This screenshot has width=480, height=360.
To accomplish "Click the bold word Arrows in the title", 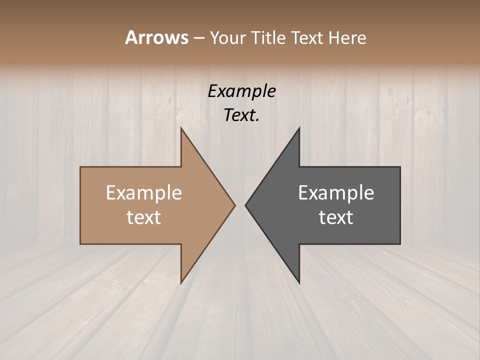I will (156, 37).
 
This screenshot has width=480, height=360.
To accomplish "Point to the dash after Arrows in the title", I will (198, 38).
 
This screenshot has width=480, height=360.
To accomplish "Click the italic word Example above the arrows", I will (241, 91).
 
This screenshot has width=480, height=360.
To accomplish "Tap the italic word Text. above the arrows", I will (241, 115).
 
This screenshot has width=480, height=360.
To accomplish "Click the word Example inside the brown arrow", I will (144, 192).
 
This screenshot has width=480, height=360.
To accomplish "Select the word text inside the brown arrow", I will (144, 217).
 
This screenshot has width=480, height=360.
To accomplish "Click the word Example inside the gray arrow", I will (336, 192).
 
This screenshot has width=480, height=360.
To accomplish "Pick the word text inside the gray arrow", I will (336, 217).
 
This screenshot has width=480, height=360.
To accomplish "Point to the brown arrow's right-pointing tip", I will (235, 205).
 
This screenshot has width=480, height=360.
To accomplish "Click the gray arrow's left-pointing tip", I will (245, 205).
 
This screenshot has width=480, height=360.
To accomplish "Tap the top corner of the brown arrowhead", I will (181, 128).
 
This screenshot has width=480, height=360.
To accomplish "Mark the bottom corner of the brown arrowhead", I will (181, 283).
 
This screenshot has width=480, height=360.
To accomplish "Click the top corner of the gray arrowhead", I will (299, 128).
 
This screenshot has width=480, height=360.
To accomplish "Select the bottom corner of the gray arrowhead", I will (299, 283).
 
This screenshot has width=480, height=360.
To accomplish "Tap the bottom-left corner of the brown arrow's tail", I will (81, 243).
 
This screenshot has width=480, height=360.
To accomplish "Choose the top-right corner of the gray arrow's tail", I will (400, 167).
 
